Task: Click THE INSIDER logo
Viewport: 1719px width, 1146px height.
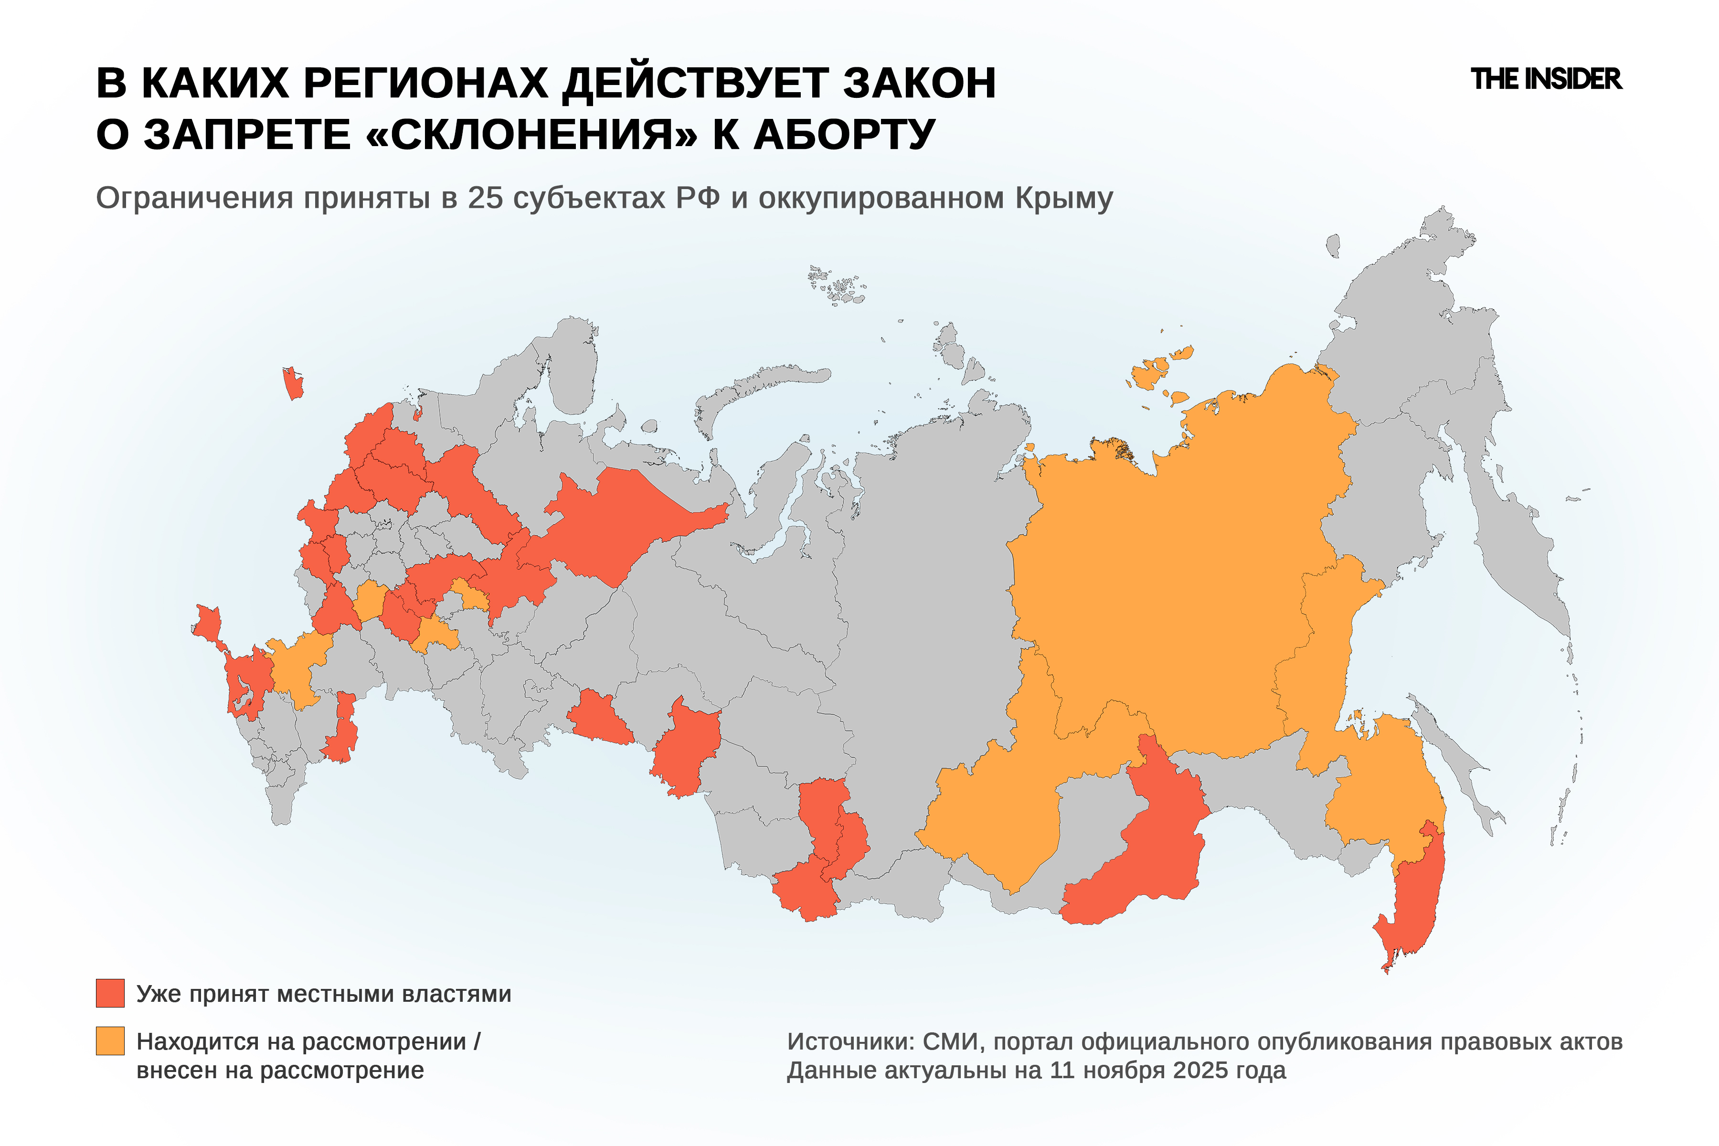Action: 1546,79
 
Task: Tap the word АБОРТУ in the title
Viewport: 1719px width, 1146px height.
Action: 844,135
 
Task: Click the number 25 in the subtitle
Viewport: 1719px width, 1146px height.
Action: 485,198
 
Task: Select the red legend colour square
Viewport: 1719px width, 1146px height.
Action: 110,993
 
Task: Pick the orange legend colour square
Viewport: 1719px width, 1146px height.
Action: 110,1041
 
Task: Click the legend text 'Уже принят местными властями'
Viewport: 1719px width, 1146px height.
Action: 324,994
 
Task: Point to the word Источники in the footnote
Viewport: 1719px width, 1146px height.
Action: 850,1041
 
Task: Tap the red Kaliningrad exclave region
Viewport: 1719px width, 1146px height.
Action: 292,384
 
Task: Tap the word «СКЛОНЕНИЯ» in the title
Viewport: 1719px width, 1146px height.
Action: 530,135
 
